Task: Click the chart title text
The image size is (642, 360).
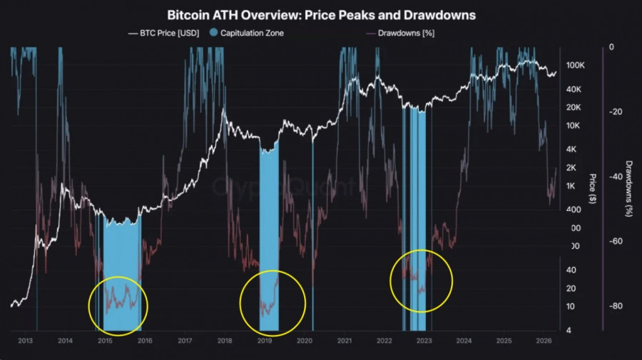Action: point(321,14)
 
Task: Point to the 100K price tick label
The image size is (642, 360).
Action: point(575,65)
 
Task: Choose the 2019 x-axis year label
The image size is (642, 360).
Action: point(264,341)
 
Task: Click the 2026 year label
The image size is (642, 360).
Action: point(543,341)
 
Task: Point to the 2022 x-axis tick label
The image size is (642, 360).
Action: point(384,341)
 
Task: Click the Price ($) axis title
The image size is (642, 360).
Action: point(593,189)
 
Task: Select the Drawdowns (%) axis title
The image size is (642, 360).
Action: point(629,189)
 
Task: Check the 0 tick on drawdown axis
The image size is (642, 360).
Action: point(611,47)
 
